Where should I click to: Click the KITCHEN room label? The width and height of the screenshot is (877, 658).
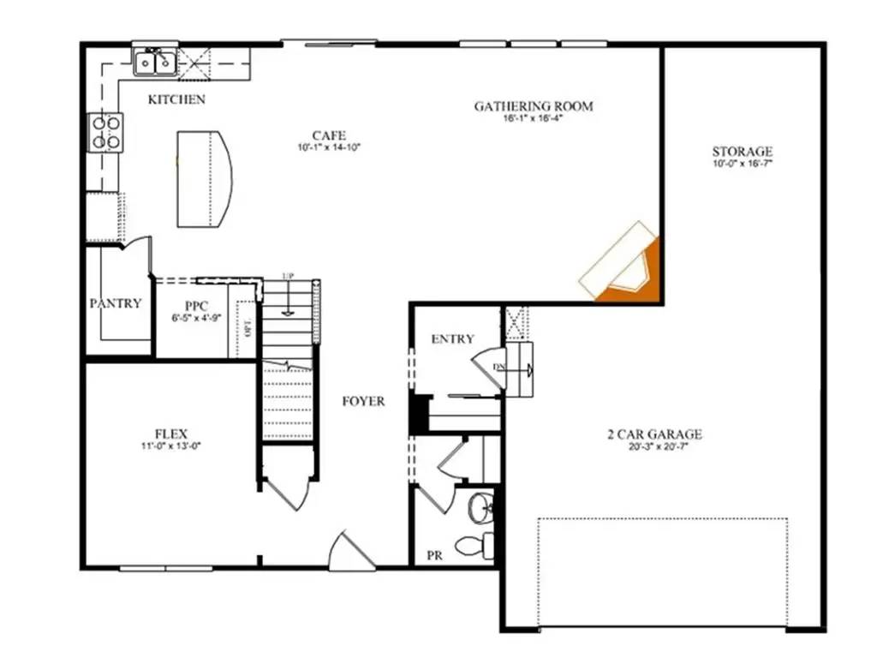[x=176, y=99]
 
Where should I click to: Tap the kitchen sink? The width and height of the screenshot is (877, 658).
[x=154, y=63]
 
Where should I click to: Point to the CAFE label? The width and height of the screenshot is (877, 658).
[x=329, y=135]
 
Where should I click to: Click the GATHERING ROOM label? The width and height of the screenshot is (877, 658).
[x=534, y=106]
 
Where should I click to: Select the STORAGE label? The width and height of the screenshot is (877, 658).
[x=742, y=152]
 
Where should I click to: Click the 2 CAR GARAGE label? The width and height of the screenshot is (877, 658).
[x=655, y=434]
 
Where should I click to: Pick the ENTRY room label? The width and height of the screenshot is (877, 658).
[x=452, y=339]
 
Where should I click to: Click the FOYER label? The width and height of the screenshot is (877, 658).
[x=363, y=401]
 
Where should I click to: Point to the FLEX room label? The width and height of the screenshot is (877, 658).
[x=171, y=434]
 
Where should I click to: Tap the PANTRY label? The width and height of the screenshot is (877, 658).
[x=116, y=303]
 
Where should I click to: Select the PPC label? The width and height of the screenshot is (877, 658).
[x=196, y=307]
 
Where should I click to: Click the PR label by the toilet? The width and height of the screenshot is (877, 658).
[x=434, y=556]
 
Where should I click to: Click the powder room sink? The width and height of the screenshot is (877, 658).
[x=480, y=508]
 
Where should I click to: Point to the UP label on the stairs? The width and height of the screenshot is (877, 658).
[x=289, y=277]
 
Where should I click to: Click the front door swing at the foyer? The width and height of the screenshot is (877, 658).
[x=349, y=552]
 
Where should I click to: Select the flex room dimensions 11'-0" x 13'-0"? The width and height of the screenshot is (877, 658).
[x=171, y=446]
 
